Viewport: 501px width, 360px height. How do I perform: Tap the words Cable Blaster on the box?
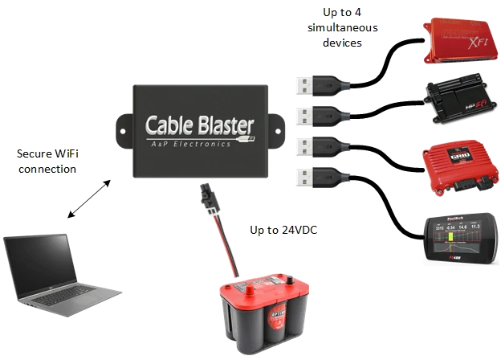[199, 125]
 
